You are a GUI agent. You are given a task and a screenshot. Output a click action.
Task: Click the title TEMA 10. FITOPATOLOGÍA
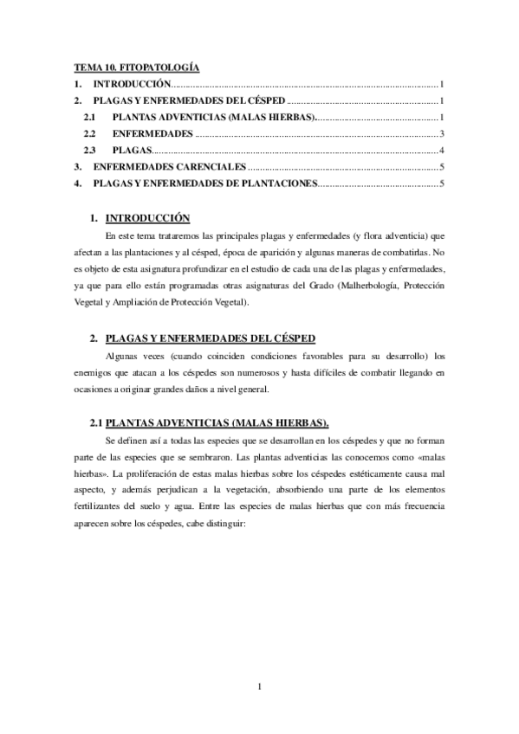tap(135, 67)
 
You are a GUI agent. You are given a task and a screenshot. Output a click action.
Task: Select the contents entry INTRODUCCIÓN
tap(131, 85)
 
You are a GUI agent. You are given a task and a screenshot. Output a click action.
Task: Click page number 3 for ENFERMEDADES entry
tap(442, 134)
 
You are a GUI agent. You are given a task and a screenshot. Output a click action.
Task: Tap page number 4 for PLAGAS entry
tap(442, 151)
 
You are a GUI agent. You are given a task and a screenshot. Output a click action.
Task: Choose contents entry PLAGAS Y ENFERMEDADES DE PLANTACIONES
tap(204, 183)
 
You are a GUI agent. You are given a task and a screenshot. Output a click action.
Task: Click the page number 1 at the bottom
tap(259, 687)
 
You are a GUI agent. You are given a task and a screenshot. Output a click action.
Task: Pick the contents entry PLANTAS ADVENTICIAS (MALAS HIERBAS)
tap(213, 118)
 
